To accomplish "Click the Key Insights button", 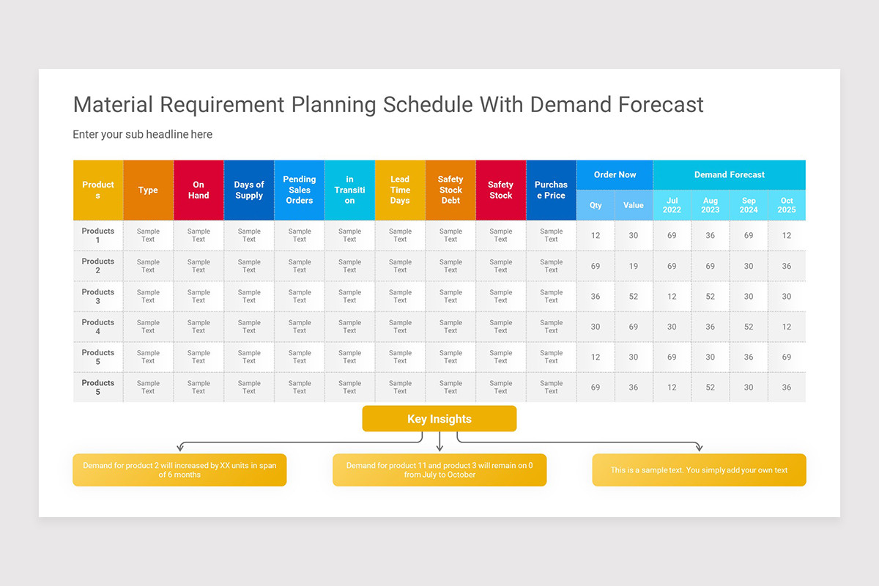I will pos(439,419).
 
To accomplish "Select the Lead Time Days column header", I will pos(400,190).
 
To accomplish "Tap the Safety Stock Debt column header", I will pos(450,190).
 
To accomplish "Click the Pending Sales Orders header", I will pos(300,190).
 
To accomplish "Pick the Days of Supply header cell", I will pos(249,190).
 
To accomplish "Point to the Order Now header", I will pos(615,174).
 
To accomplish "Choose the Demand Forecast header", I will pos(729,174).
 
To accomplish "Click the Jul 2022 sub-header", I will pos(672,205).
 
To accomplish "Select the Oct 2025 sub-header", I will pos(787,205).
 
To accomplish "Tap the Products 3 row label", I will pos(98,296).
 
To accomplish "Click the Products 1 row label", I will pos(98,235).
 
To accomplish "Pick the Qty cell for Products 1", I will pos(596,235).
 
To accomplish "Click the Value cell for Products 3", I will pos(634,296).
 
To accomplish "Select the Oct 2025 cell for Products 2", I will pos(787,266).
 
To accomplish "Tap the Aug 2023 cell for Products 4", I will pos(710,327).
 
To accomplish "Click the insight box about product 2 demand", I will pos(179,470).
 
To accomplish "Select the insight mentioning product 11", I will pos(439,470).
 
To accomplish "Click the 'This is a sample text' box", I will pos(699,470).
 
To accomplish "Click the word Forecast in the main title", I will pos(661,105).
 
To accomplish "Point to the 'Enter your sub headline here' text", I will pos(143,134).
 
